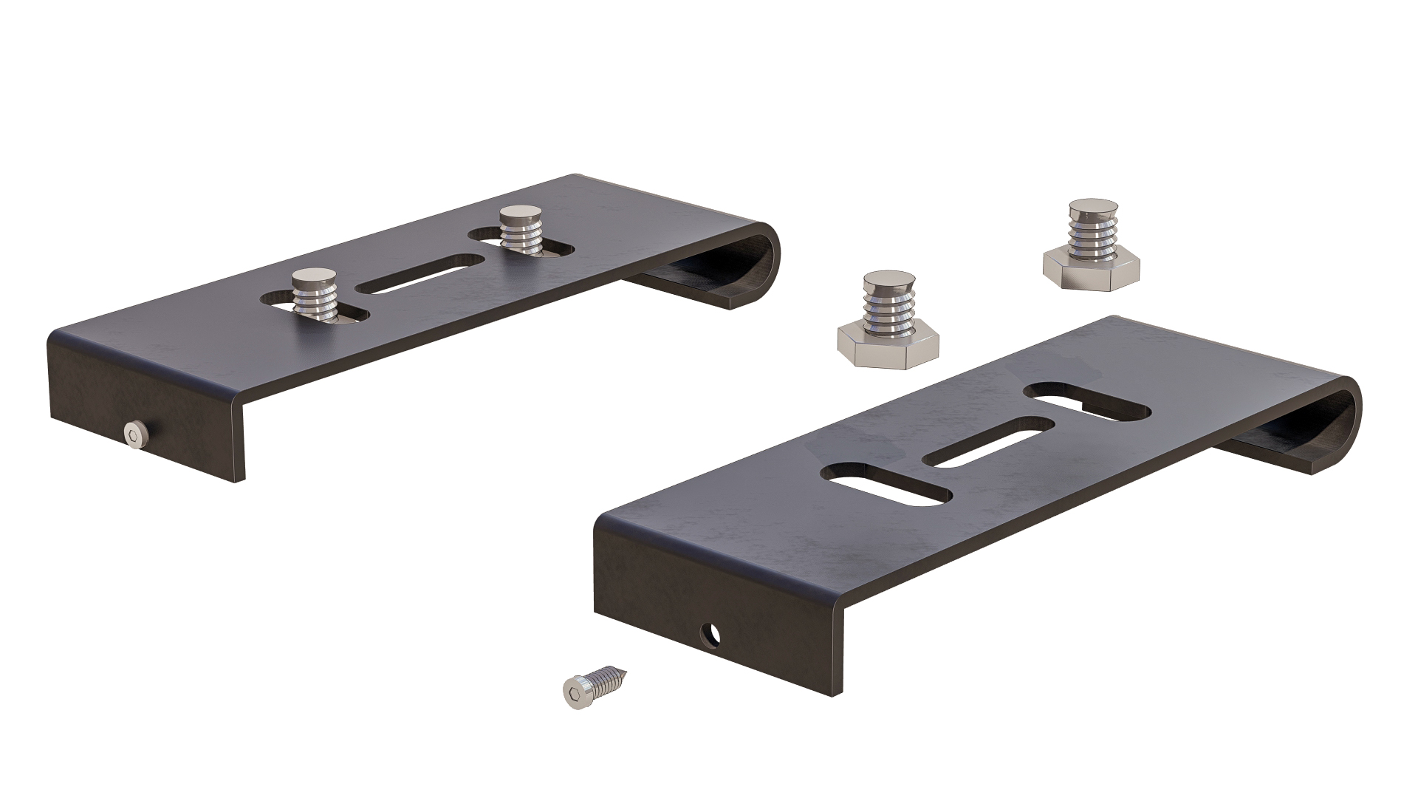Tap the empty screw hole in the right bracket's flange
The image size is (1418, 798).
click(711, 633)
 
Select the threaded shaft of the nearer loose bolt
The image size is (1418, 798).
click(888, 310)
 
